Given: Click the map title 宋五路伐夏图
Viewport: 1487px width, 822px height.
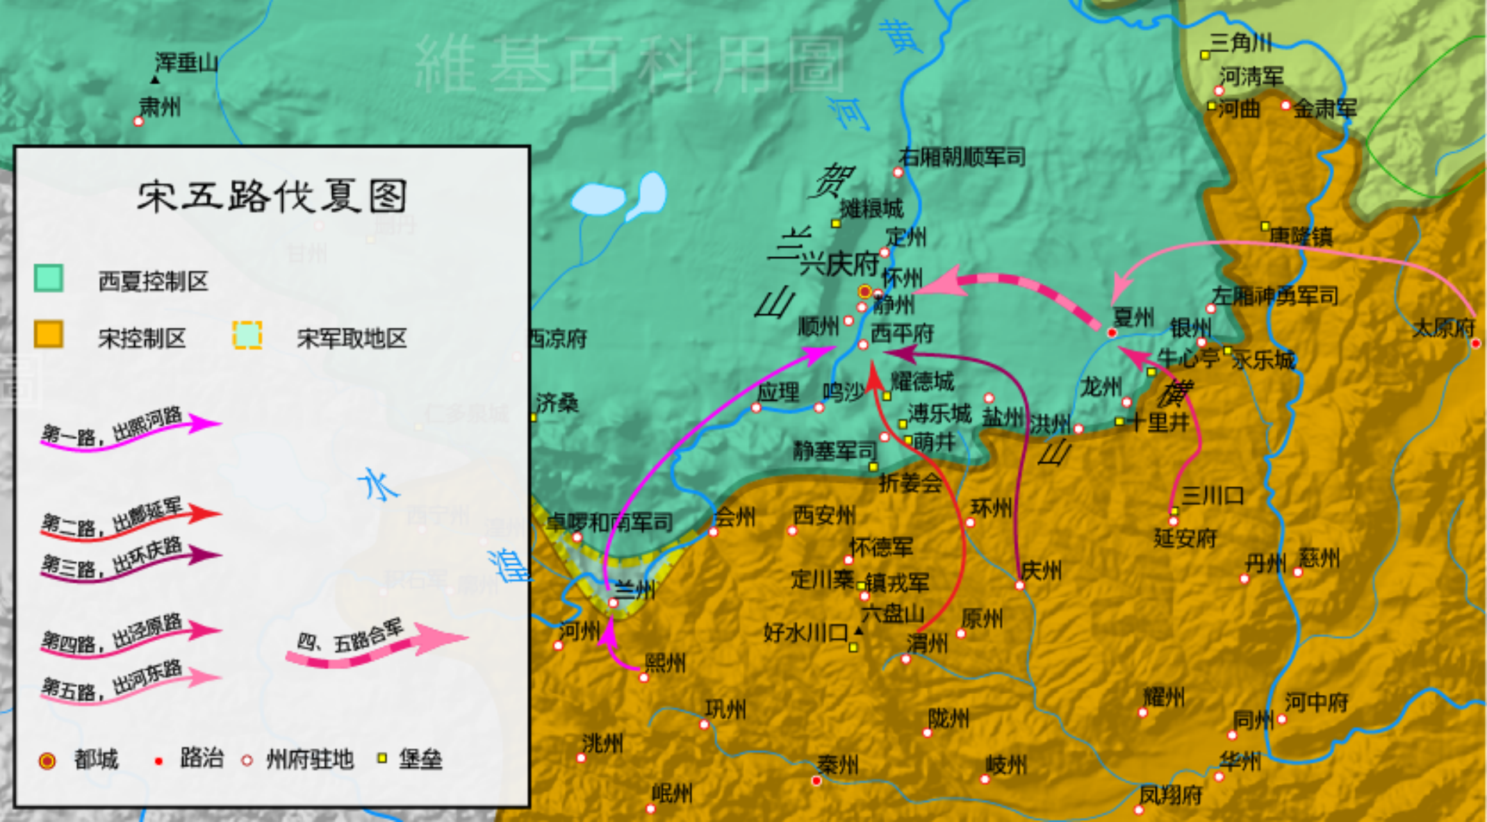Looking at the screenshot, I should tap(272, 196).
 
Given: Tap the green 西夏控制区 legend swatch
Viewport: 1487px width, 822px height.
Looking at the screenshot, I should tap(49, 278).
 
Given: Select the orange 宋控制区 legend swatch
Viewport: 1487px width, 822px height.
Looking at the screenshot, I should tap(49, 335).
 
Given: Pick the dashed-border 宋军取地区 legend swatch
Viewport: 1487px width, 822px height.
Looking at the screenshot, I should tap(247, 335).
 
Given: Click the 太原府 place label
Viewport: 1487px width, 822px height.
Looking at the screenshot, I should tap(1443, 328).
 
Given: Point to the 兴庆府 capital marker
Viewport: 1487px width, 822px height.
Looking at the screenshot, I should tap(864, 291).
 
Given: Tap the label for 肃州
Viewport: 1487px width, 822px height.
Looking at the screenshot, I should tap(160, 107).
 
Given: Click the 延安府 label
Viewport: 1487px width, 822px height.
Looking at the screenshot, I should tap(1185, 539).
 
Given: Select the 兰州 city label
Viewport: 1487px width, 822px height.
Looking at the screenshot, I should tap(635, 591).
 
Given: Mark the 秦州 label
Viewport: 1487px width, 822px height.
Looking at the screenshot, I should tap(837, 764).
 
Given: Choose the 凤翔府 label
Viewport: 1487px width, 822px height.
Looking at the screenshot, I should tap(1170, 795).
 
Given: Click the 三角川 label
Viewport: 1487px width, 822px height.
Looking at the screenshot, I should tap(1240, 42).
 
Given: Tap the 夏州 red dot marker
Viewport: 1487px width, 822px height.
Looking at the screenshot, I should tap(1111, 333).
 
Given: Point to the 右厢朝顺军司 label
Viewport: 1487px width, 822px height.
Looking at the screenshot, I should tap(961, 157).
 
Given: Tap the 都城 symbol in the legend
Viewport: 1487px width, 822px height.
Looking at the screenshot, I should tap(47, 760).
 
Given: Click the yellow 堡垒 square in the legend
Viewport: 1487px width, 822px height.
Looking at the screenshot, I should tap(382, 758).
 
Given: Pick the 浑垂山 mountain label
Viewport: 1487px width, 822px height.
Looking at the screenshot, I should tap(186, 62).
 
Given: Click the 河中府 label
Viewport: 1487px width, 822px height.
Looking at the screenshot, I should tap(1316, 702).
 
